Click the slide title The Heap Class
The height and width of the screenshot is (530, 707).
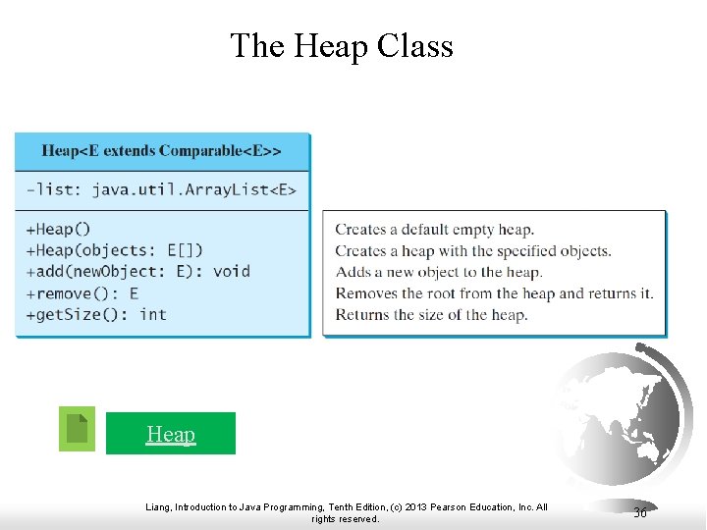[x=341, y=46]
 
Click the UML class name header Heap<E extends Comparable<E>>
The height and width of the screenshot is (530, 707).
[x=161, y=151]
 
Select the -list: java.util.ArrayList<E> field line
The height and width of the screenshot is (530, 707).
[x=161, y=189]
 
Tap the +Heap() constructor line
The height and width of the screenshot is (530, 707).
[x=58, y=230]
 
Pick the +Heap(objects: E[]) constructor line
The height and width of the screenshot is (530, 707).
[x=115, y=250]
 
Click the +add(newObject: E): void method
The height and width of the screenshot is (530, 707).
[x=137, y=272]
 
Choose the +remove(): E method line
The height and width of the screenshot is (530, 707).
[x=82, y=293]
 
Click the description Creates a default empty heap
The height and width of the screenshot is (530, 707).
[x=434, y=230]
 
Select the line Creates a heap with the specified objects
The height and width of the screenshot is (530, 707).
[x=472, y=251]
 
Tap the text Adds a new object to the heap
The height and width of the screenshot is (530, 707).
[x=438, y=272]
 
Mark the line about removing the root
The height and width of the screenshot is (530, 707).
[x=494, y=293]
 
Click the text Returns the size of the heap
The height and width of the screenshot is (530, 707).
[x=431, y=315]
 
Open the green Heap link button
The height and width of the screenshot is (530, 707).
[x=171, y=434]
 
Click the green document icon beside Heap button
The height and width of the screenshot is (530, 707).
[x=77, y=429]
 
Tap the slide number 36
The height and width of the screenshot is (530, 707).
[x=640, y=512]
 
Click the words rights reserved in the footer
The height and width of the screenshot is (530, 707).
[x=345, y=519]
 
